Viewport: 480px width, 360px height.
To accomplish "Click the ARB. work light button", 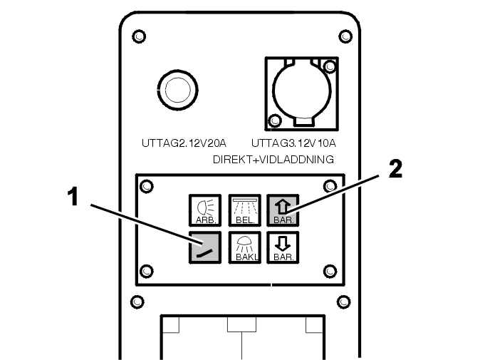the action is [205, 210].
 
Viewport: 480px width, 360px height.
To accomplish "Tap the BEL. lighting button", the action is [244, 210].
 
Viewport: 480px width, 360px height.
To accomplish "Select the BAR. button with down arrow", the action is [283, 247].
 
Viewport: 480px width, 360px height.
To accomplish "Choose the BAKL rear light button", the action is [244, 247].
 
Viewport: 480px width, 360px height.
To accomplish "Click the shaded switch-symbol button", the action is [205, 247].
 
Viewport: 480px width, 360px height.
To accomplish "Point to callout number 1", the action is [73, 197].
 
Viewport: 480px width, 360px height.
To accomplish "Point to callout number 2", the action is [395, 168].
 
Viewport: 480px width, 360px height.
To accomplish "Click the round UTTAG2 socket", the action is [177, 90].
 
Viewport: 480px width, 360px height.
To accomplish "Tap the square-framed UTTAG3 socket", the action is [301, 94].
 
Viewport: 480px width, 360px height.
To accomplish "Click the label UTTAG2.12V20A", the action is [184, 143].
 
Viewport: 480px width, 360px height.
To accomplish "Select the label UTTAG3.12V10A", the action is [293, 143].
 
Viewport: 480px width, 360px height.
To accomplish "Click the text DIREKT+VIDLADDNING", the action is [273, 160].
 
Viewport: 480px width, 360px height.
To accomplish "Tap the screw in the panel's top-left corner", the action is [139, 36].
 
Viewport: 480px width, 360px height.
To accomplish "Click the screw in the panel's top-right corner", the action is [346, 36].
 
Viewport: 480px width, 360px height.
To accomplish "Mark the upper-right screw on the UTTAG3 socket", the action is [330, 66].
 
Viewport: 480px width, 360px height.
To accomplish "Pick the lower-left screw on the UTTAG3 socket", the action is [275, 120].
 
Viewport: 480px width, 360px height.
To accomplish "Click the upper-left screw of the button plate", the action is [146, 186].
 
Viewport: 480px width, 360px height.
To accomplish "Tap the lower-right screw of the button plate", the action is [330, 271].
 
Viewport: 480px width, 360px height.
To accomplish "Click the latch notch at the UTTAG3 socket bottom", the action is [304, 122].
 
